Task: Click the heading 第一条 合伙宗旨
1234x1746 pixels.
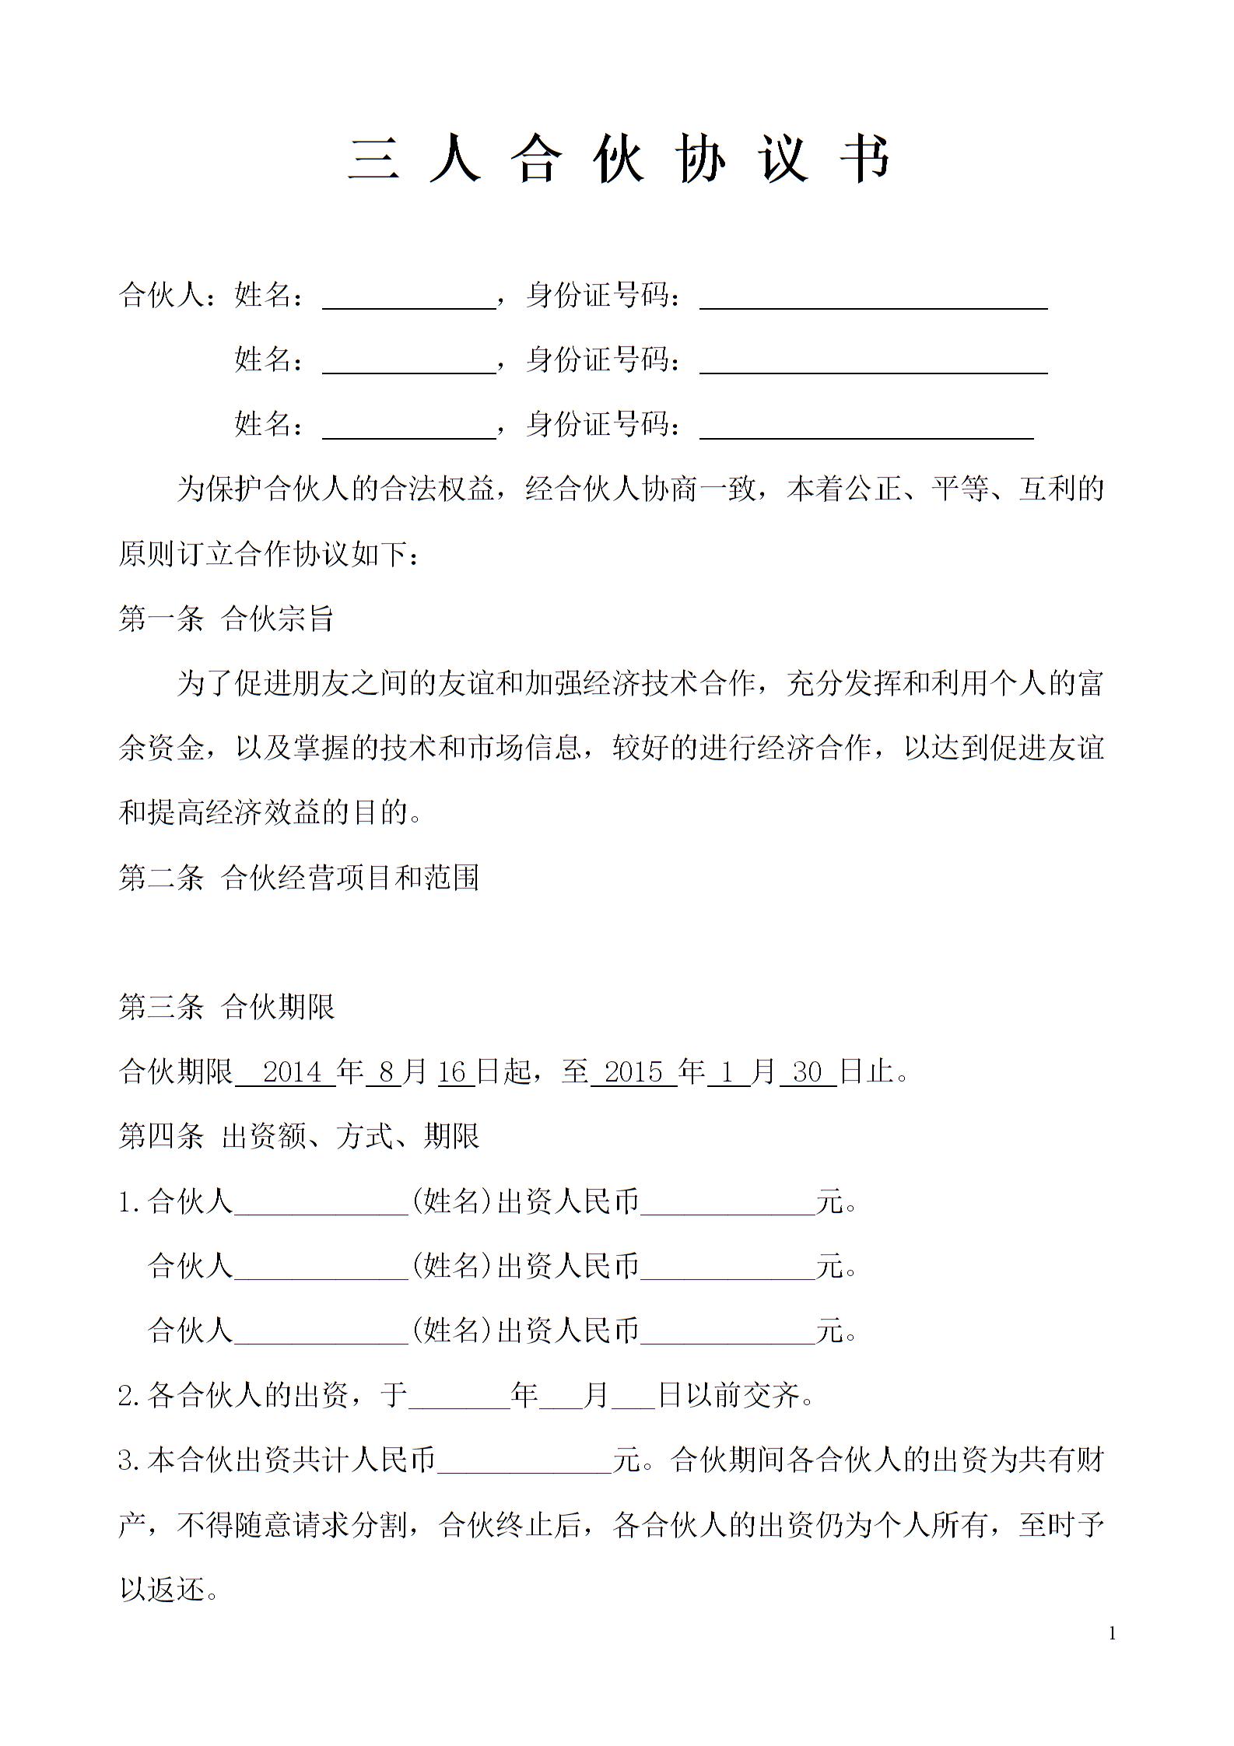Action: tap(226, 619)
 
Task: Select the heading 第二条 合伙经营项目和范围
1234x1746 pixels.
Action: tap(299, 878)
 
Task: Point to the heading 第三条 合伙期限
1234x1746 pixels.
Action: tap(226, 1007)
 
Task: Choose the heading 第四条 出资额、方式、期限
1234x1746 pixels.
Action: tap(299, 1136)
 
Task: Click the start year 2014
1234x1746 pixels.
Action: tap(293, 1072)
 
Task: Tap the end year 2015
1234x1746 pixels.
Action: tap(633, 1072)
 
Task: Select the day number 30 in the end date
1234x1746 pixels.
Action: tap(807, 1072)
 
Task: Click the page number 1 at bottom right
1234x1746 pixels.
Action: tap(1112, 1633)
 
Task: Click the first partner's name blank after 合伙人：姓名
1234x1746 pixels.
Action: tap(409, 297)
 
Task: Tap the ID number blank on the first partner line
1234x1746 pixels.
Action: tap(873, 297)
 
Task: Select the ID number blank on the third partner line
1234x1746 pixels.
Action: tap(866, 426)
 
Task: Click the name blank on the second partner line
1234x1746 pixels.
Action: tap(409, 362)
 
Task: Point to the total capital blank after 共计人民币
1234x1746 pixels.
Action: tap(524, 1461)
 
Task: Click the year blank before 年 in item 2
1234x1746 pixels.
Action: tap(459, 1397)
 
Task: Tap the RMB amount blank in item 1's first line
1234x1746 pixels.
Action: tap(727, 1203)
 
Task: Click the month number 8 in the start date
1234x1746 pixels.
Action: tap(386, 1072)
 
